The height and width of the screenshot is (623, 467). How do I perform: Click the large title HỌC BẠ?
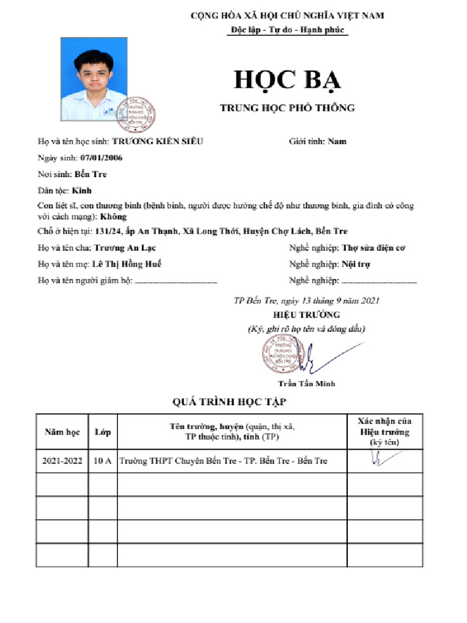pyautogui.click(x=288, y=82)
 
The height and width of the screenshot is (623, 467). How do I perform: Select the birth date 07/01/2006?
pyautogui.click(x=102, y=158)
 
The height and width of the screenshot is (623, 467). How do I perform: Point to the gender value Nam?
pyautogui.click(x=337, y=141)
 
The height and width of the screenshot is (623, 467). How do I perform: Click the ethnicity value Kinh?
pyautogui.click(x=81, y=190)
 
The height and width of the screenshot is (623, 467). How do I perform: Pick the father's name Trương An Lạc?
pyautogui.click(x=125, y=248)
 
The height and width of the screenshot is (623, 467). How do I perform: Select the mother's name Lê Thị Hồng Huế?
pyautogui.click(x=127, y=264)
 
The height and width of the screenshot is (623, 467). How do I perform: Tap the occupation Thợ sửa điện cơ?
pyautogui.click(x=373, y=248)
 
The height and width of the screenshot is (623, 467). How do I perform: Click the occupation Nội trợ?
pyautogui.click(x=356, y=264)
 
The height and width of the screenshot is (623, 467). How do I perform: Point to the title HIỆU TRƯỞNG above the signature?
pyautogui.click(x=306, y=315)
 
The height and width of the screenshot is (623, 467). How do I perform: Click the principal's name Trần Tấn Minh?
pyautogui.click(x=306, y=383)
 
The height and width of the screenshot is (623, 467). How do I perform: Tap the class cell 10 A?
pyautogui.click(x=102, y=461)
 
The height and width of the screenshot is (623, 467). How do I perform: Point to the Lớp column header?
pyautogui.click(x=102, y=432)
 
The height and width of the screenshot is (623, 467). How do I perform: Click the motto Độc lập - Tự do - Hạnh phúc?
pyautogui.click(x=286, y=29)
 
